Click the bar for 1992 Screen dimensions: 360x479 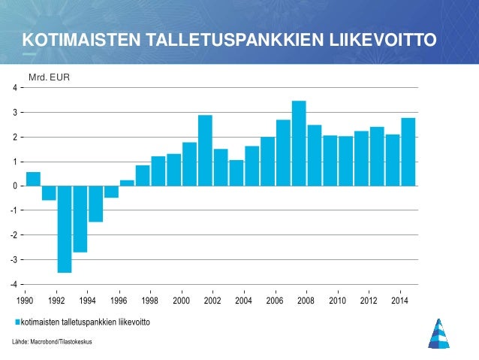65,229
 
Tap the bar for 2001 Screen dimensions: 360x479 205,150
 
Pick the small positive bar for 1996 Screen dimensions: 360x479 127,183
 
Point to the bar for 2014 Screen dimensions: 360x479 408,152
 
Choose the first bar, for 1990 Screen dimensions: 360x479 33,179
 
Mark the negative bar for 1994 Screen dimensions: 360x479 95,204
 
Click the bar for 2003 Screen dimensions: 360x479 236,173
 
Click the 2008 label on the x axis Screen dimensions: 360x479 306,301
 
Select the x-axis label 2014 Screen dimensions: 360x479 400,301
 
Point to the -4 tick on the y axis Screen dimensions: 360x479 15,285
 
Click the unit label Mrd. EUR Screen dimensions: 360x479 49,76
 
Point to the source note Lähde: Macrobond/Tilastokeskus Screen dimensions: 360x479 52,343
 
